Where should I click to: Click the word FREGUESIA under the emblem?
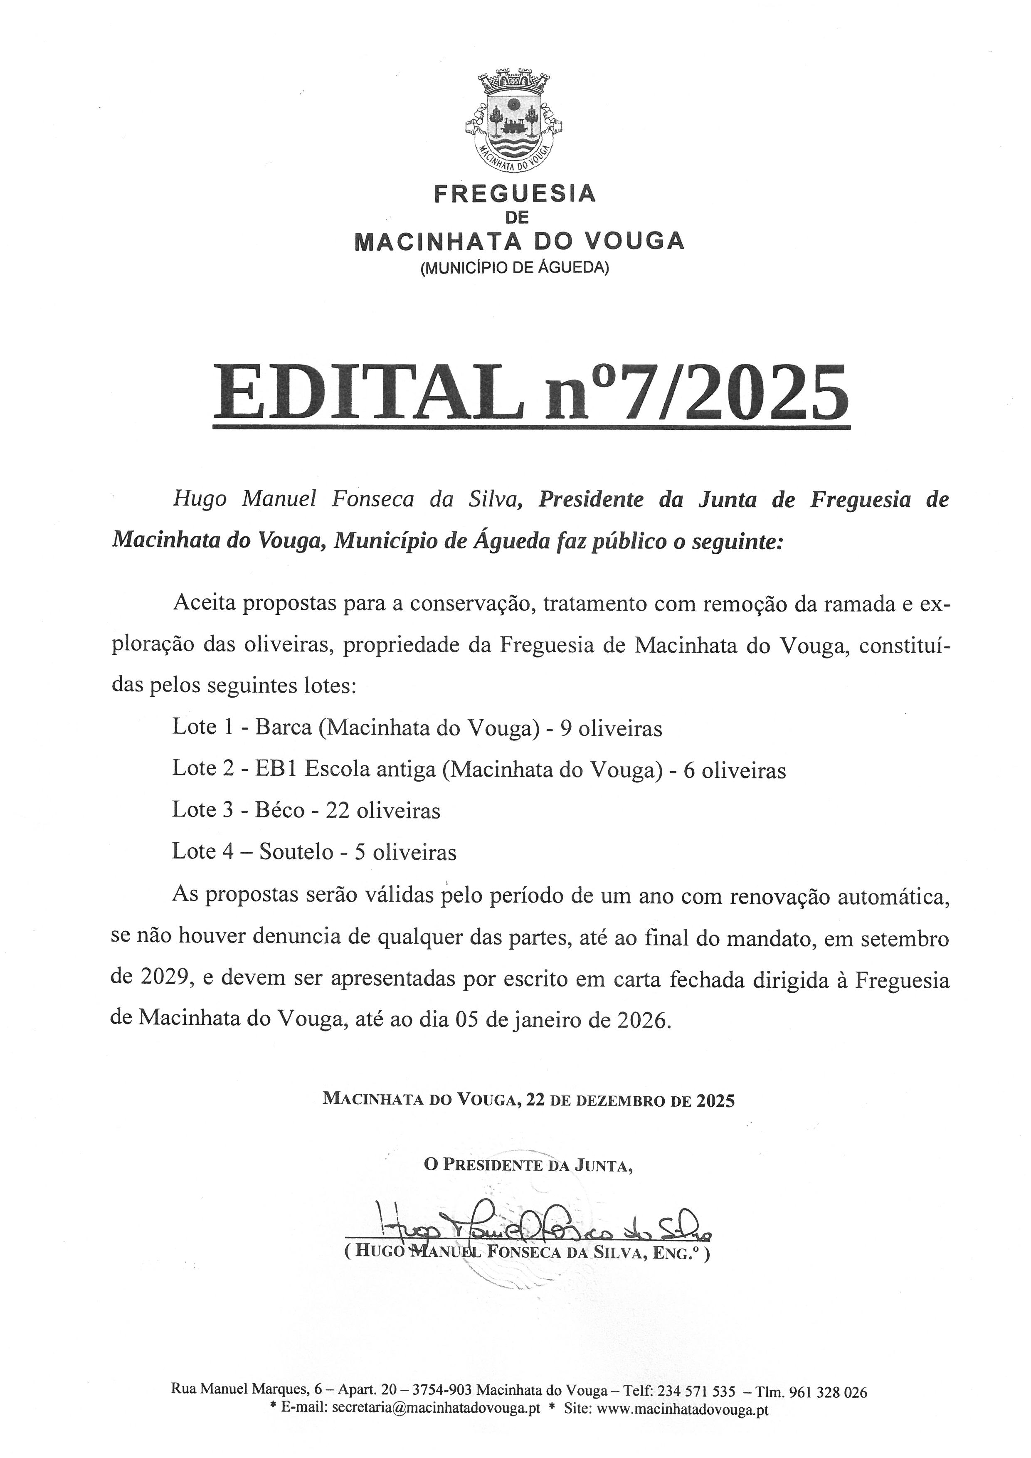click(x=514, y=193)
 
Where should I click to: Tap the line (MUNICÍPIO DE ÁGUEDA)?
click(x=514, y=269)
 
